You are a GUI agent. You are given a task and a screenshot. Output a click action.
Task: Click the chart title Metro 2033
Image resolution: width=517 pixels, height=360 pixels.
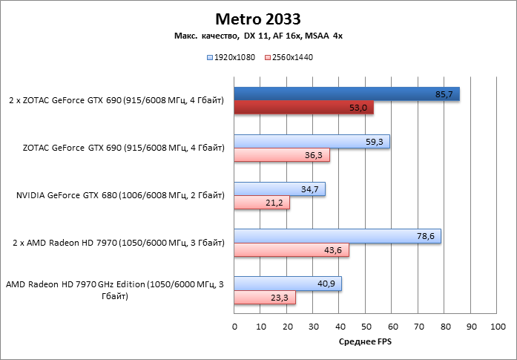click(x=258, y=18)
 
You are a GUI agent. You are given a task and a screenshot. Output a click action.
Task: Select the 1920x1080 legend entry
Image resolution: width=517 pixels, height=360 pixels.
click(x=233, y=56)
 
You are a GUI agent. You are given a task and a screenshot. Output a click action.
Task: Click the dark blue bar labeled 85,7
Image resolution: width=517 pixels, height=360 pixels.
click(x=346, y=94)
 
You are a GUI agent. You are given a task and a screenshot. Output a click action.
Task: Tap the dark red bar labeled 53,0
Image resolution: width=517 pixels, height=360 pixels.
click(x=303, y=108)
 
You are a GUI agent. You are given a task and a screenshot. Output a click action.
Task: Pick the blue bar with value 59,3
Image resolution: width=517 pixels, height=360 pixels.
click(x=312, y=142)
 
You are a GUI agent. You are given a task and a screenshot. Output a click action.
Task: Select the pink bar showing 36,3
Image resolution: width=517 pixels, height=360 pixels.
click(x=282, y=156)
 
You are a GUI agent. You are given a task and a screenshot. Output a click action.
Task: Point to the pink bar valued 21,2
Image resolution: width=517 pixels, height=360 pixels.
click(x=262, y=203)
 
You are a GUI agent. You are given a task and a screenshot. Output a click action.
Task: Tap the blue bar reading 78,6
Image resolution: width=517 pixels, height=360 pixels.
click(x=337, y=236)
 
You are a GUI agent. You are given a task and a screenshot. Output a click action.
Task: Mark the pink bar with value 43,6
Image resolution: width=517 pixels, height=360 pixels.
click(x=292, y=250)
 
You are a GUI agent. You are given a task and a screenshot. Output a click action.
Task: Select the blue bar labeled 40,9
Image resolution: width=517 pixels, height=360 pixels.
click(x=288, y=284)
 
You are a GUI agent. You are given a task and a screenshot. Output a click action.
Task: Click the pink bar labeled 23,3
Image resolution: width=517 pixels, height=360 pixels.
click(x=265, y=298)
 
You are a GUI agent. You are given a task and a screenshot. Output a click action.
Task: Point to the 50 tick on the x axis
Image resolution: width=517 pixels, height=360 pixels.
click(x=366, y=327)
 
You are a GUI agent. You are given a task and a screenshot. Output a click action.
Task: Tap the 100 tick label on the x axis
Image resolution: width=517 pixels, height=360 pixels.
click(x=497, y=327)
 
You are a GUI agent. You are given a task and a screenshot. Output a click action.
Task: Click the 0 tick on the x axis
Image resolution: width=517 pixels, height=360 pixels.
click(x=234, y=327)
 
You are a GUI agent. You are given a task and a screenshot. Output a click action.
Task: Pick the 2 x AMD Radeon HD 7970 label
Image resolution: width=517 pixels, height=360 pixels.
click(x=119, y=243)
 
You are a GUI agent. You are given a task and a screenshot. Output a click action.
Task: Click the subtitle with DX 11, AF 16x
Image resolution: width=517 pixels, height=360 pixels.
click(x=258, y=36)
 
